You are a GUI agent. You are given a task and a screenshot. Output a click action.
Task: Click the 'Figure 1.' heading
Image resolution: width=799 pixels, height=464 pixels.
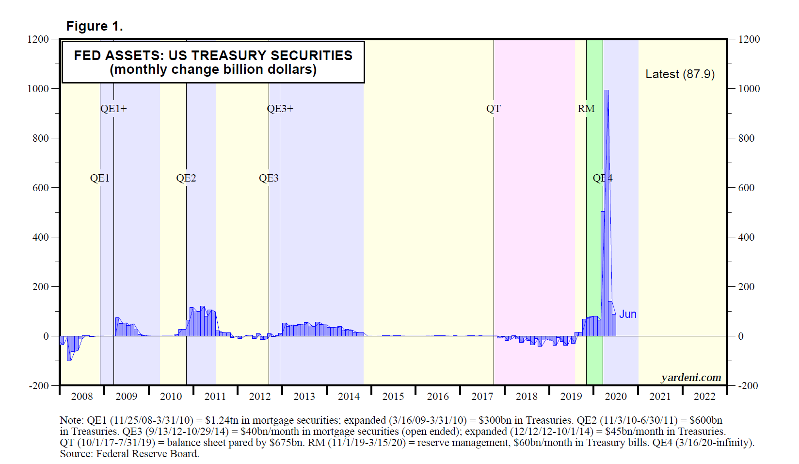click(x=95, y=26)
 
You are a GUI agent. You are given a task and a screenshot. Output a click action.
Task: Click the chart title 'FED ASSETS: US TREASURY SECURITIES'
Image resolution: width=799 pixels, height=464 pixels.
click(x=213, y=55)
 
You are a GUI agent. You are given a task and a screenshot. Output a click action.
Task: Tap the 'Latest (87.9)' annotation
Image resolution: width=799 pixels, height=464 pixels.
click(x=680, y=74)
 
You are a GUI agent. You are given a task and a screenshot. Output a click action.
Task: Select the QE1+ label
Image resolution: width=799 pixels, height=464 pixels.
click(x=113, y=109)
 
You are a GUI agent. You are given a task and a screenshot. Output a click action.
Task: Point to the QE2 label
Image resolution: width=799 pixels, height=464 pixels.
click(x=186, y=178)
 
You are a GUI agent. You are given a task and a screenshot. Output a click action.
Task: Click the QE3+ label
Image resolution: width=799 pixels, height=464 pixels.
click(x=280, y=109)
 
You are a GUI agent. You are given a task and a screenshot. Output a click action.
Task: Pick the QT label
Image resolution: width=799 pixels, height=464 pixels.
click(x=494, y=109)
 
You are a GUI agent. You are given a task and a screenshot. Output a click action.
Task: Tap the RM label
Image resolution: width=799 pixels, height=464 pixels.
click(x=586, y=109)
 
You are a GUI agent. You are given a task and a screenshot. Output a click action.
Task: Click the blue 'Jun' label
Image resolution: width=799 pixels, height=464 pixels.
click(x=627, y=314)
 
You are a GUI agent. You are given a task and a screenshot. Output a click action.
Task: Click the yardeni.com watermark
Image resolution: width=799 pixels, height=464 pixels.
click(x=691, y=378)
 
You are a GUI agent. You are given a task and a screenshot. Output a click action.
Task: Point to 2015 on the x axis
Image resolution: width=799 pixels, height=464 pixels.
click(x=393, y=397)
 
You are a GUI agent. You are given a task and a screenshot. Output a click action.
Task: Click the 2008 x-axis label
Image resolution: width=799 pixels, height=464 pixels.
click(x=82, y=397)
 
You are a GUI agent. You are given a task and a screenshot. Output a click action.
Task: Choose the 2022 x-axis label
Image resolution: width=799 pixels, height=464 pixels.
click(x=704, y=397)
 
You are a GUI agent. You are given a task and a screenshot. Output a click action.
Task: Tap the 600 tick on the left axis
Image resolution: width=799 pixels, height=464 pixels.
click(x=40, y=188)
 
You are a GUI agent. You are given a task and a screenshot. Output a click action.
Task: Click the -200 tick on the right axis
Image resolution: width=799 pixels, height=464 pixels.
click(x=748, y=386)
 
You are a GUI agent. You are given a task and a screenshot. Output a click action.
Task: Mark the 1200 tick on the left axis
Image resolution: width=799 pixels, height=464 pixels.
click(x=38, y=39)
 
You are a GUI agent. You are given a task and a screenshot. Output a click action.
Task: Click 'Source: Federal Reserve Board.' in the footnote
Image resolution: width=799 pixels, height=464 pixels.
click(x=129, y=454)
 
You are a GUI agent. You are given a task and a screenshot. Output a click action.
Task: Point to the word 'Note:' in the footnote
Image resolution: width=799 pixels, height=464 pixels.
click(x=72, y=420)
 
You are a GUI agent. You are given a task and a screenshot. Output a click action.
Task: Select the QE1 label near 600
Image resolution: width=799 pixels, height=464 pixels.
click(x=100, y=178)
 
